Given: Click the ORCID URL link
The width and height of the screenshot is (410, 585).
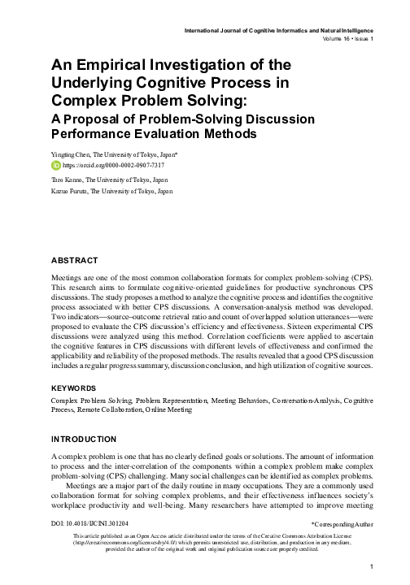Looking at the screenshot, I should [102, 163].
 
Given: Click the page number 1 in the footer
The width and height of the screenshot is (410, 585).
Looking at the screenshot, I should [370, 566].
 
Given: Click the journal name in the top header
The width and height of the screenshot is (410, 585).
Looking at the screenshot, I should [276, 30].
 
